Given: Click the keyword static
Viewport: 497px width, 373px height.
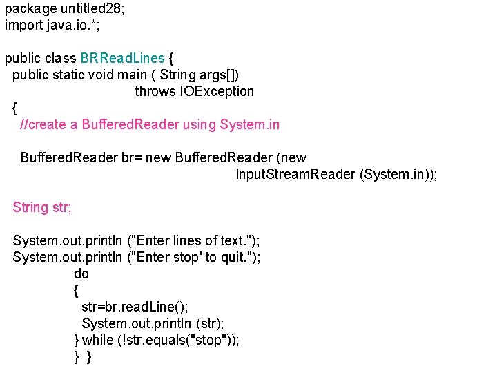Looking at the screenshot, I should point(76,75).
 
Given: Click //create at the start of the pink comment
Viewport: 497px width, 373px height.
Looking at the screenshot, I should point(43,124).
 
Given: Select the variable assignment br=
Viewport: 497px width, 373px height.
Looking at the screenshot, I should point(132,157).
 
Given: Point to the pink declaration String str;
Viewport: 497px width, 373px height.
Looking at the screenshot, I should point(42,207).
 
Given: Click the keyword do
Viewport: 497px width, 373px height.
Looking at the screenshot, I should point(81,274).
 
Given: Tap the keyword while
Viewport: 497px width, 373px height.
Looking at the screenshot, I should point(97,340).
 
